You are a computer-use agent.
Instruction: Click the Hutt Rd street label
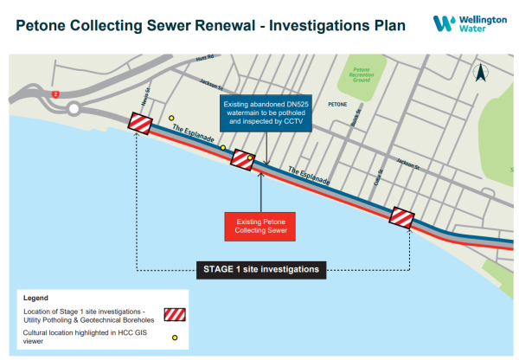pos(204,58)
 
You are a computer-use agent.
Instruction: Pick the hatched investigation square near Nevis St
pos(140,124)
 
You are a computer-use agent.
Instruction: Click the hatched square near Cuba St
pos(402,217)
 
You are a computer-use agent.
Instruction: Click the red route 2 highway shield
pos(55,93)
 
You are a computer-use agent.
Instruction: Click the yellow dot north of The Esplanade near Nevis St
pos(171,119)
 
